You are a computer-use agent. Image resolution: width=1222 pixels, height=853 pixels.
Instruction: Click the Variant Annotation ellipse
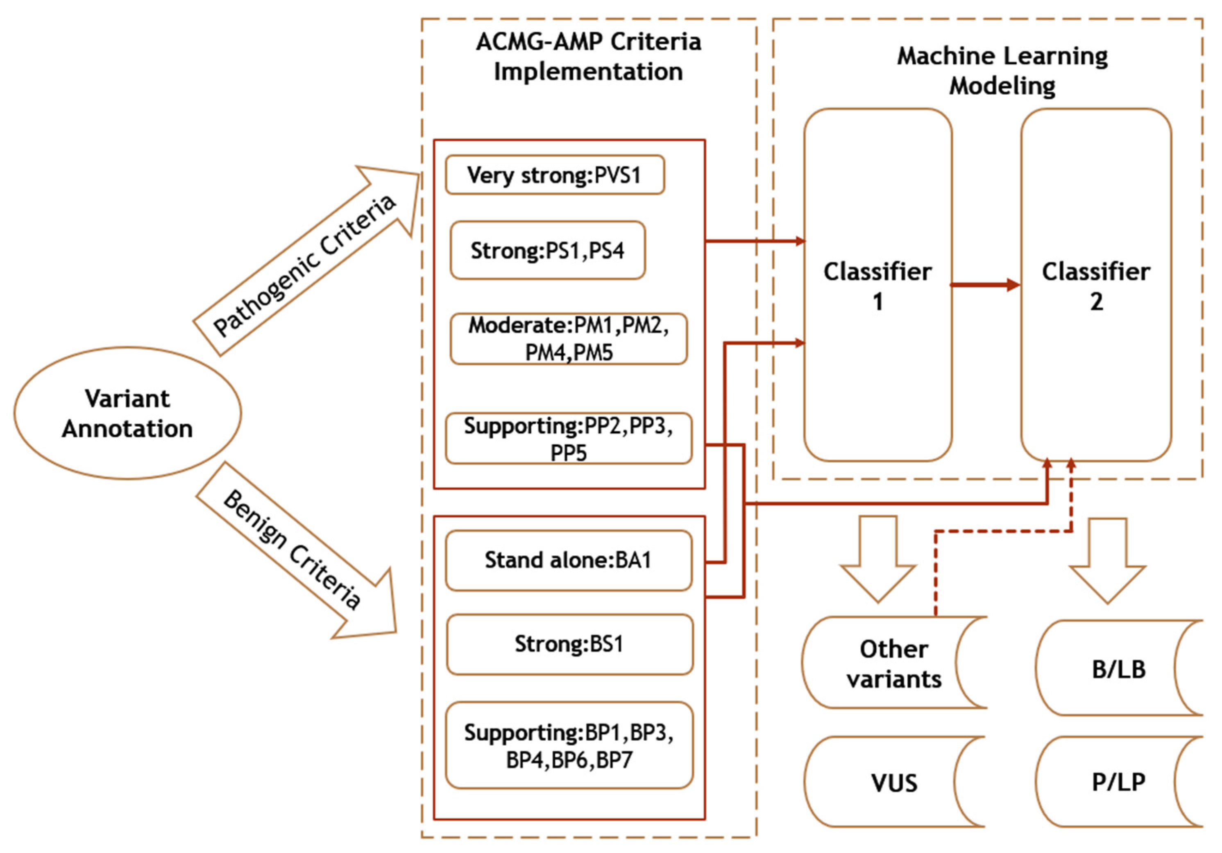pos(127,414)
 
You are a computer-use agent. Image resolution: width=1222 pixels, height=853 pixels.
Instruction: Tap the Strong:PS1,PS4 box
pos(548,251)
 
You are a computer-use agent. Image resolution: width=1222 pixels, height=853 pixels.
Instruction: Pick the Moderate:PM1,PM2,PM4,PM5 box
pos(569,339)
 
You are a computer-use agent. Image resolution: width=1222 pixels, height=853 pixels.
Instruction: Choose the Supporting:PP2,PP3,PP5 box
pos(569,439)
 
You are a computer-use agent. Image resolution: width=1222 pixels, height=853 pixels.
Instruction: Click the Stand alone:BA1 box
pos(569,560)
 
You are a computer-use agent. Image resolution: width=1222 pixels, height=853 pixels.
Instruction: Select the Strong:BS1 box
pos(569,645)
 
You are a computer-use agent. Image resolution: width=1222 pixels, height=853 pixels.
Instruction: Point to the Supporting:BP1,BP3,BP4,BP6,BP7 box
pos(569,746)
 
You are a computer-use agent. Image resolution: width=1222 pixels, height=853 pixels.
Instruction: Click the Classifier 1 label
pos(877,286)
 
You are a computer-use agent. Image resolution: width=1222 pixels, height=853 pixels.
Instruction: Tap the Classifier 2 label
pos(1096,286)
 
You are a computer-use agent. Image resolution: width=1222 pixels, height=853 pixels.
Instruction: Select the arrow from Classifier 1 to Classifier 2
pos(985,285)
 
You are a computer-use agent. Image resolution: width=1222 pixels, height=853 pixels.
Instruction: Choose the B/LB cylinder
pos(1118,669)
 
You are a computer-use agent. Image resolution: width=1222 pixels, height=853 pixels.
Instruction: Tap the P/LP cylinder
pos(1118,782)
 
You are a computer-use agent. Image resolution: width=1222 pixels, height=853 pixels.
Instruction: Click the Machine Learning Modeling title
pos(1002,71)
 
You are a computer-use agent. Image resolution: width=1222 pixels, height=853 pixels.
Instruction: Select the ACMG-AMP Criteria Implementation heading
pos(588,57)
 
